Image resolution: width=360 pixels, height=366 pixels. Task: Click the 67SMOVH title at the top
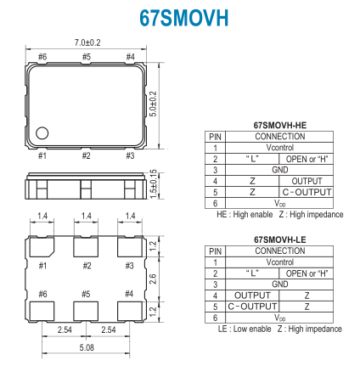(x=183, y=18)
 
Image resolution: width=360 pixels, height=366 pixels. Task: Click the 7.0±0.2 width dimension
(x=87, y=42)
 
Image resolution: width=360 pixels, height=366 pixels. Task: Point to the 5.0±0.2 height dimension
(x=153, y=104)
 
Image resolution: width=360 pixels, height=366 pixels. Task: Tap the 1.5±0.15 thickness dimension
(x=153, y=184)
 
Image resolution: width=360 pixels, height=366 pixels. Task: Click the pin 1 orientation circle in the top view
(x=42, y=132)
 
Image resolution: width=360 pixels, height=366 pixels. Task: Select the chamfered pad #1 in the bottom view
(x=42, y=247)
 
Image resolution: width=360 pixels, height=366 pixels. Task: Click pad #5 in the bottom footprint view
(x=86, y=311)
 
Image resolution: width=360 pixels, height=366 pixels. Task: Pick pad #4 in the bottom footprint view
(x=130, y=311)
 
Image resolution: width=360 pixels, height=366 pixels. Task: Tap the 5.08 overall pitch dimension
(x=87, y=347)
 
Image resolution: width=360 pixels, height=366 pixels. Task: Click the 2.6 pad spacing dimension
(x=153, y=279)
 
